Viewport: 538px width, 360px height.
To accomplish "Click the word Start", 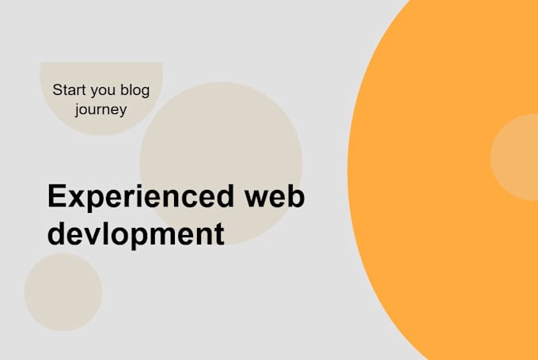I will (68, 90).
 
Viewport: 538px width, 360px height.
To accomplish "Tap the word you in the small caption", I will (100, 91).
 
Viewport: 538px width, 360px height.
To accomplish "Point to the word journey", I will (100, 109).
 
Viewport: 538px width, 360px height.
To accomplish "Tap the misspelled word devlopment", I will (135, 233).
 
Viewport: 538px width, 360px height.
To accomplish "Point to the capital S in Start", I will (57, 90).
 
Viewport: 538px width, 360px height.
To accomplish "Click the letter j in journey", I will (78, 110).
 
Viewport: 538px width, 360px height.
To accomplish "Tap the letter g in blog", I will (145, 93).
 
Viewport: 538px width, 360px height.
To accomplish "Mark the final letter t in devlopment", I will (218, 233).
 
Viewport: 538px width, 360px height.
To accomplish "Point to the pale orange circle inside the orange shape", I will (516, 157).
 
